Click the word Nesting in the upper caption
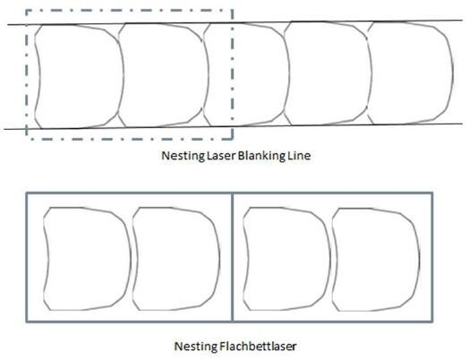tap(183, 156)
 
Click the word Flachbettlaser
tap(258, 347)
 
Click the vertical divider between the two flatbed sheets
tap(233, 257)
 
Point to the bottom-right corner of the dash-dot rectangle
tap(232, 139)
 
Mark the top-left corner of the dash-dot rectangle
tap(27, 11)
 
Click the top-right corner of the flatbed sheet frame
tap(432, 193)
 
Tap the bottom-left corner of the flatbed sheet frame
tap(27, 321)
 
